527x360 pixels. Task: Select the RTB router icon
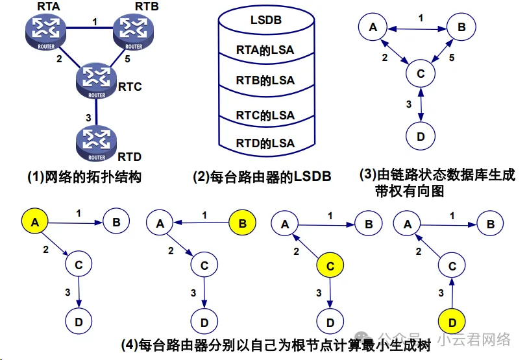click(132, 29)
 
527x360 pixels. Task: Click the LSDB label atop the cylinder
click(265, 20)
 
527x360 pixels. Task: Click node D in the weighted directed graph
click(421, 136)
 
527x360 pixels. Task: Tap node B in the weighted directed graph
click(461, 27)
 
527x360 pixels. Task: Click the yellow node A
click(35, 222)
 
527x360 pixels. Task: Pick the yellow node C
click(330, 265)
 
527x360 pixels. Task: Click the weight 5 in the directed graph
click(452, 58)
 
